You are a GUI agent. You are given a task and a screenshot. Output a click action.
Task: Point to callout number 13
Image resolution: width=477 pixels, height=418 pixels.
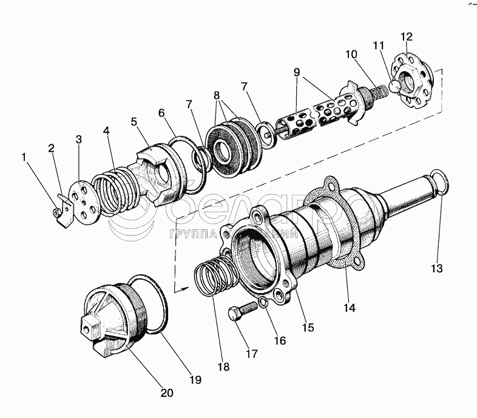point(438,268)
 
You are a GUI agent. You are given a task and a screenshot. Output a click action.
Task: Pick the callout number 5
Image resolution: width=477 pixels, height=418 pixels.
point(134,121)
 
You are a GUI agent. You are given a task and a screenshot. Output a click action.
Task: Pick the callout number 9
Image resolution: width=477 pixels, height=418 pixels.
point(297,71)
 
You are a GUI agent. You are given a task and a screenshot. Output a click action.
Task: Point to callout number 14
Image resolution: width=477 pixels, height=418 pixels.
point(348,307)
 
